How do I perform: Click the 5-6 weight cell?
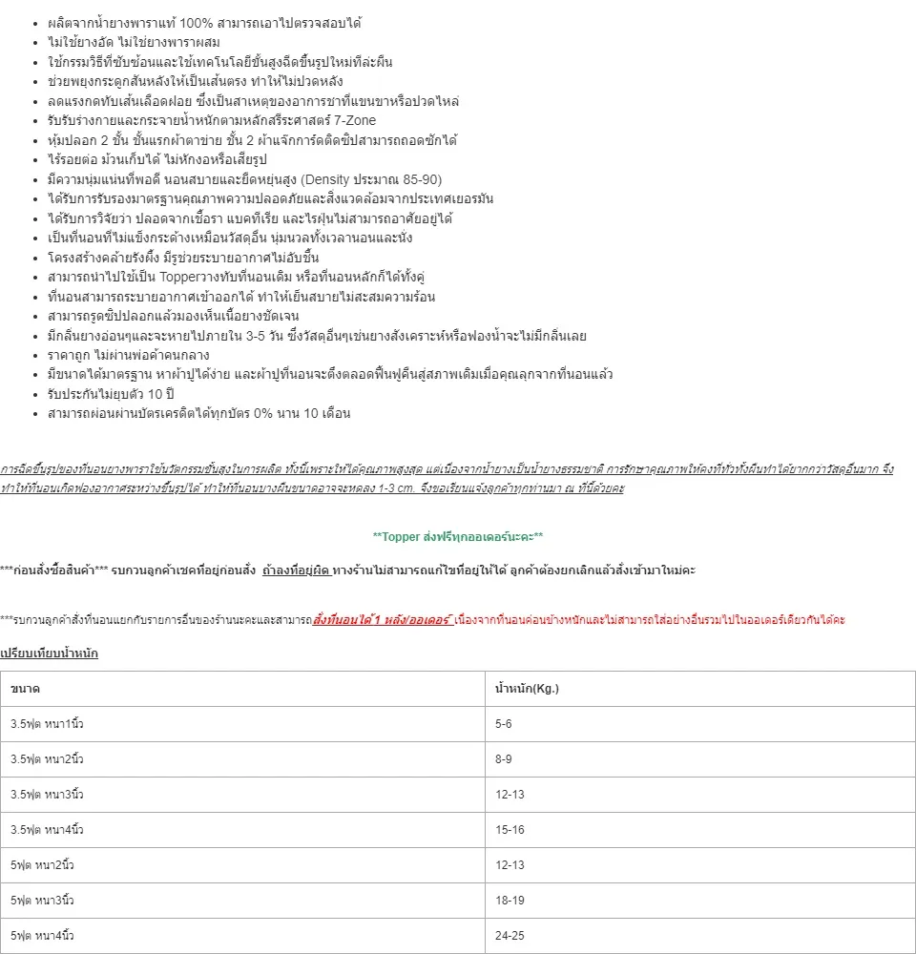(504, 724)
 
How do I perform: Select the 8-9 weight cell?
(504, 759)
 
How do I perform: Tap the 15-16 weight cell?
(510, 830)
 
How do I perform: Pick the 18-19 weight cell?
(510, 901)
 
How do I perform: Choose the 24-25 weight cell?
(510, 936)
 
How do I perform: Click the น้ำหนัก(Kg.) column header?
(527, 689)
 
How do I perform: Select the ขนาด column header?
(25, 689)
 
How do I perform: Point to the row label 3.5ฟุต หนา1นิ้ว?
(47, 724)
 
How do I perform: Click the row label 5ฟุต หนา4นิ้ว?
(42, 936)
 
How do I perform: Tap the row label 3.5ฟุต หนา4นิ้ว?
(47, 830)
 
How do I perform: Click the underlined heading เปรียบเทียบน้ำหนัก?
(49, 653)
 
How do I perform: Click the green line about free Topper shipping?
(458, 537)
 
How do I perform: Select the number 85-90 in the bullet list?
(424, 179)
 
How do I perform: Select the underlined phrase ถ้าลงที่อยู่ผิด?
(297, 570)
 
